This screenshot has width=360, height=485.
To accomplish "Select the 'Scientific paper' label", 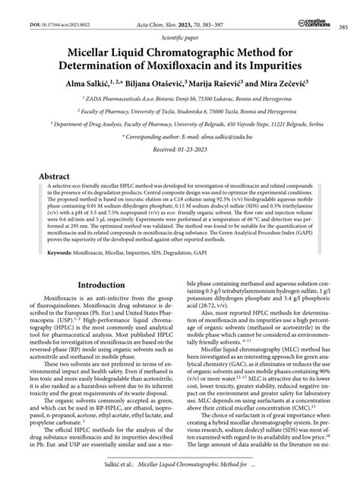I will click(x=180, y=37).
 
